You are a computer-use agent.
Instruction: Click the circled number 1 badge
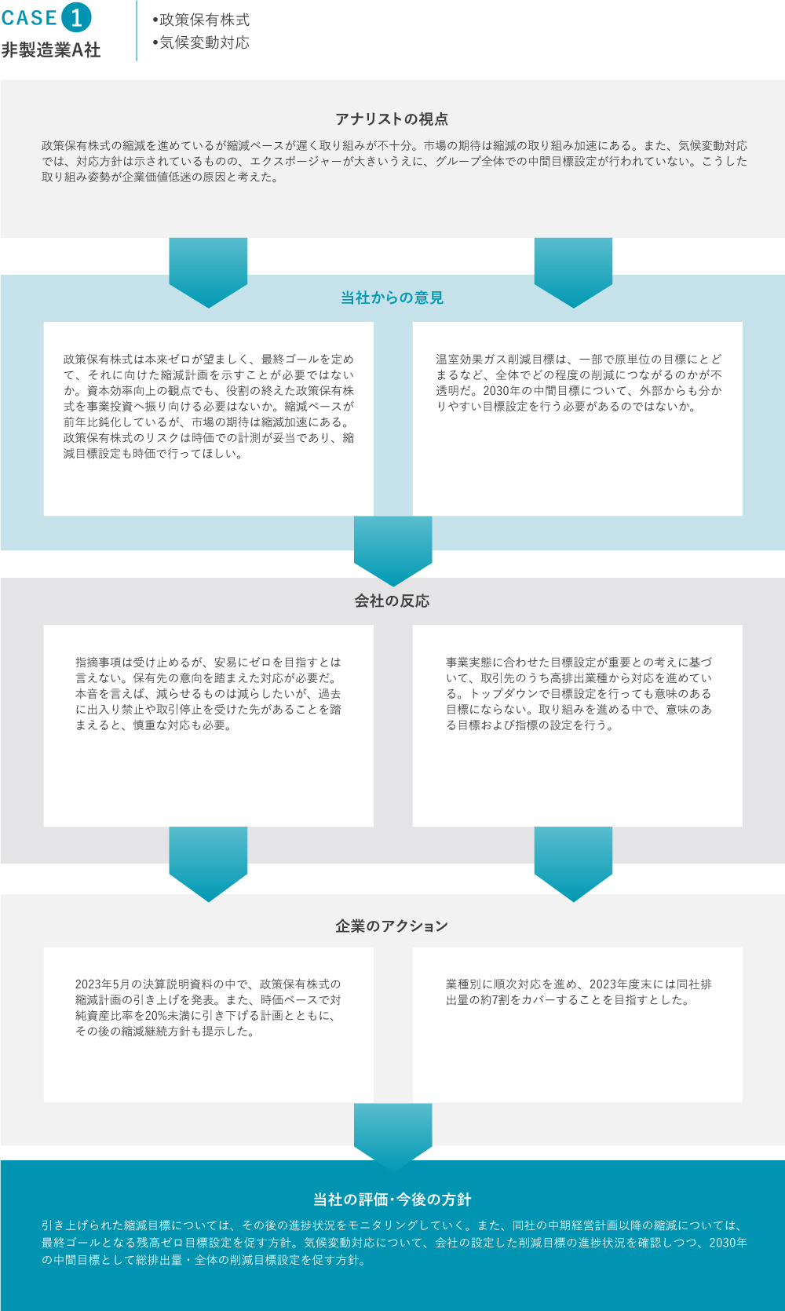[76, 17]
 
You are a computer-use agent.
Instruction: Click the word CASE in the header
[29, 18]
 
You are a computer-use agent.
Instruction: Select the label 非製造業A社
[51, 49]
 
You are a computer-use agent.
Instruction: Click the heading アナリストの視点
[392, 119]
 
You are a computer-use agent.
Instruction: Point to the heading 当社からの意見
[392, 298]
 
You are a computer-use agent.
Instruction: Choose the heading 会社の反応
[392, 601]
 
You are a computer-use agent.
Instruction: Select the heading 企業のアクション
[392, 926]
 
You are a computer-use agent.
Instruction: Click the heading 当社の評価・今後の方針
[392, 1200]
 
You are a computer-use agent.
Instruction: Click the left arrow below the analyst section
[208, 272]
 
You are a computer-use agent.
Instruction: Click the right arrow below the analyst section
[574, 272]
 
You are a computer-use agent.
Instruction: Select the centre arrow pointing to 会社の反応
[393, 551]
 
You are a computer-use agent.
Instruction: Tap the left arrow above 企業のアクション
[208, 864]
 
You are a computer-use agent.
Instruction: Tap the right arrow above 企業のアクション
[574, 864]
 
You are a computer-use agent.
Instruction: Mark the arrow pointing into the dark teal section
[393, 1138]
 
